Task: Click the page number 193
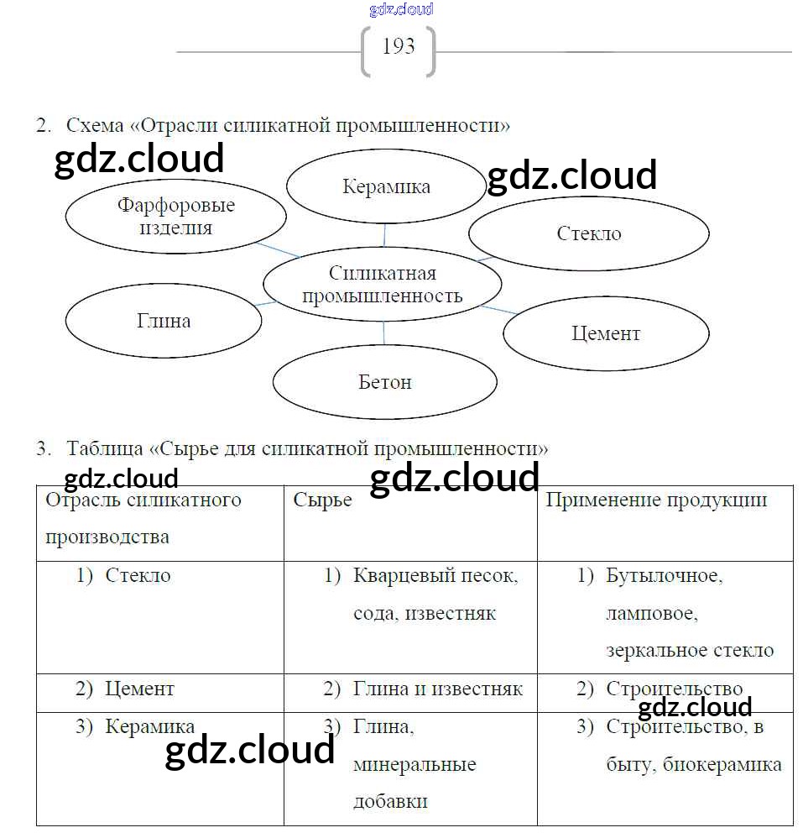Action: [399, 47]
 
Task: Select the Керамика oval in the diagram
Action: [386, 186]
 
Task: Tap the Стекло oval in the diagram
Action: [589, 233]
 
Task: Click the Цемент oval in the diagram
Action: [606, 333]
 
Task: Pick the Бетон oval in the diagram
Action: [385, 382]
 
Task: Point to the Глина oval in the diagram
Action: [164, 321]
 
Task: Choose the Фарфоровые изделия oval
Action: [176, 216]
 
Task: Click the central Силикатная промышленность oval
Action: [383, 285]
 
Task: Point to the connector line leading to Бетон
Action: [384, 333]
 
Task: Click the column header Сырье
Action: [323, 500]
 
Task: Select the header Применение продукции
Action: [656, 500]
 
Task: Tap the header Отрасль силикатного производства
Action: [143, 518]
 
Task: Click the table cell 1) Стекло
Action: [138, 576]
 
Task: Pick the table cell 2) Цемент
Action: [139, 689]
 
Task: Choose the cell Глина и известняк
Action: [437, 689]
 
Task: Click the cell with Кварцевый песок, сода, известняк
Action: [435, 594]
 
